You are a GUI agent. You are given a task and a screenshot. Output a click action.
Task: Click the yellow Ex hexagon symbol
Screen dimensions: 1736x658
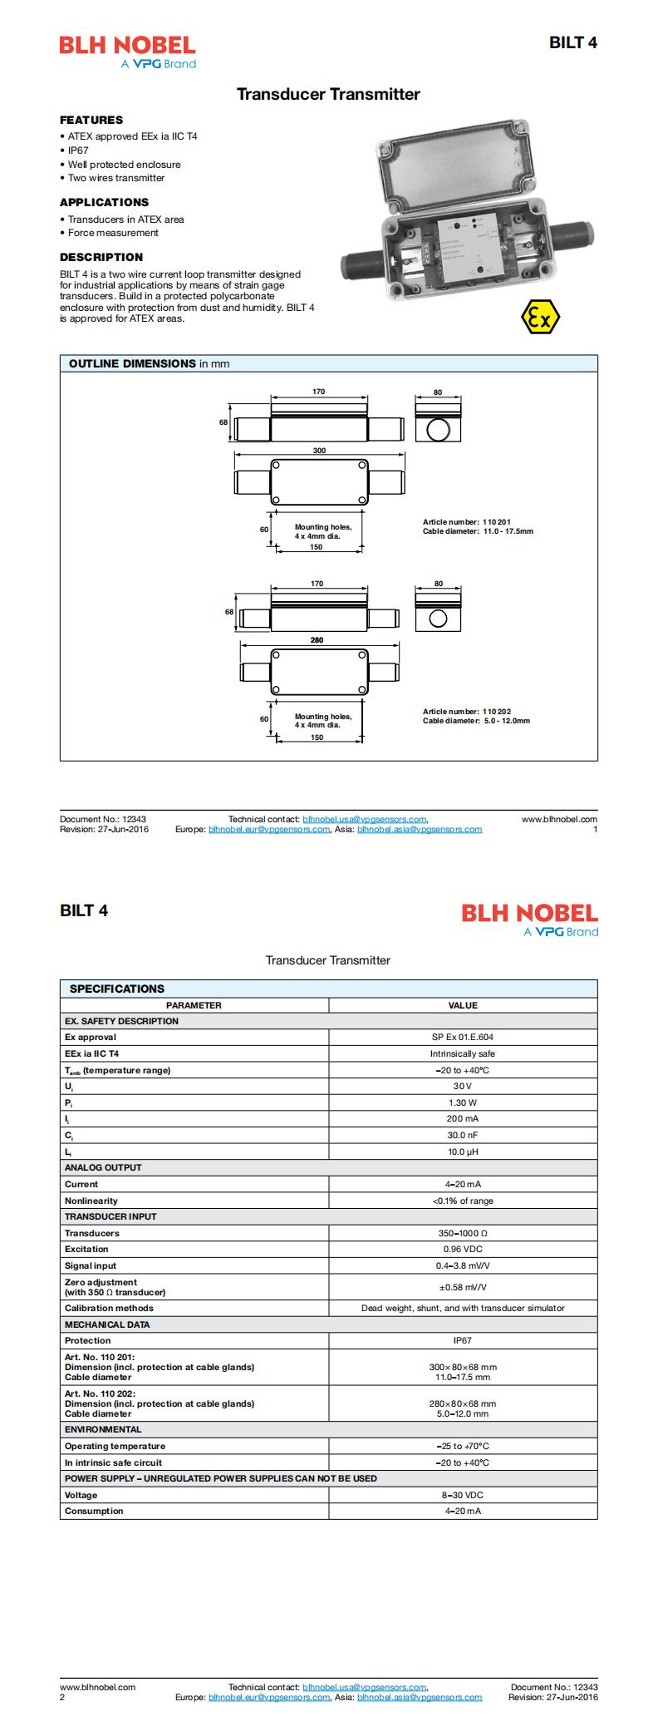(539, 318)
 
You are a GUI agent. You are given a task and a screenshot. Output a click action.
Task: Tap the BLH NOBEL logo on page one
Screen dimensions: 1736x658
(127, 52)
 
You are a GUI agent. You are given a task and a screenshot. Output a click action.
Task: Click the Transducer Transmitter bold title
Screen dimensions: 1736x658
(328, 95)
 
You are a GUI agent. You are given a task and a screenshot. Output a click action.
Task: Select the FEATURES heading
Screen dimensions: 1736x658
(91, 120)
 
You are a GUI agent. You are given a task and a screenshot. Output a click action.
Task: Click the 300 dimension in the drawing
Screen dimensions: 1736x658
(319, 451)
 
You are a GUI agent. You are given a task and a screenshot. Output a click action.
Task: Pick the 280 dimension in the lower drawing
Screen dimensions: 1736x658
(317, 640)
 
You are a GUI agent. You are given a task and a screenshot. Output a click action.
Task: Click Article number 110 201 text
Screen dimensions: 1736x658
(467, 522)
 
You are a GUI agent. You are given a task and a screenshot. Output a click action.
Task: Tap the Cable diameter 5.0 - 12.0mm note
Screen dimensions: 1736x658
(476, 721)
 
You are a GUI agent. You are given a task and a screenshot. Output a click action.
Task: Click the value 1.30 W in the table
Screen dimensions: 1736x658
(463, 1102)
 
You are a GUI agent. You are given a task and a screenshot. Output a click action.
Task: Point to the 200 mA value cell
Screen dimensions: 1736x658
(463, 1118)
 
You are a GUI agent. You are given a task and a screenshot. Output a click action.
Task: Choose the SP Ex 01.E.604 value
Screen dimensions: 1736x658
(463, 1037)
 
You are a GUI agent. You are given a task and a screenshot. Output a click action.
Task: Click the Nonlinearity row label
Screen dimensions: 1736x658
(91, 1201)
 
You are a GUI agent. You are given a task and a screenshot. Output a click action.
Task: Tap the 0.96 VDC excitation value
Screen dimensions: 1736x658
(463, 1249)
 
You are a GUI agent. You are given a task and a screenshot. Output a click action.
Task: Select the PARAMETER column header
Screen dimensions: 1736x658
(194, 1004)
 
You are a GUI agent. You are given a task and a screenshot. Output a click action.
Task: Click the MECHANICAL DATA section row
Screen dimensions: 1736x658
(107, 1324)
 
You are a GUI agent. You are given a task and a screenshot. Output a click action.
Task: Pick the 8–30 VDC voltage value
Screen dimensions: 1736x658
(463, 1495)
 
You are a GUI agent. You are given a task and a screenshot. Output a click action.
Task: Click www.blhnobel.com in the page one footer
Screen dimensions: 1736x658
(559, 819)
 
